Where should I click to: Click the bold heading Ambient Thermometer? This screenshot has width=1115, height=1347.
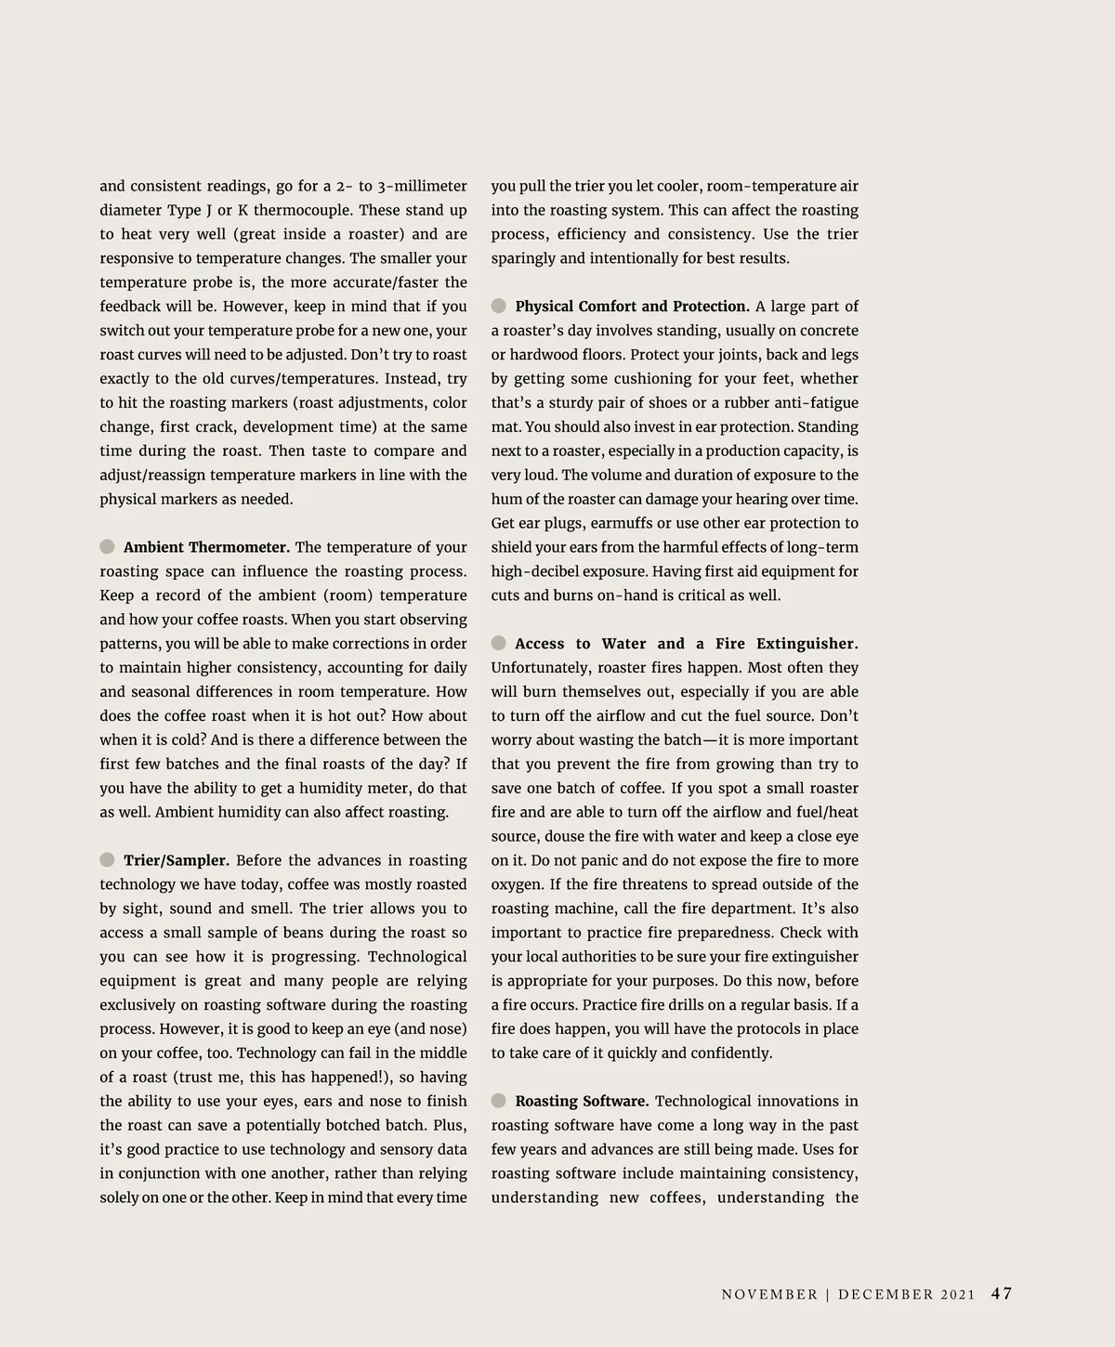[206, 547]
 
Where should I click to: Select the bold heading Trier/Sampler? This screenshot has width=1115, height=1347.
[176, 860]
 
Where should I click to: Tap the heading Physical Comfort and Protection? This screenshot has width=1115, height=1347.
[632, 307]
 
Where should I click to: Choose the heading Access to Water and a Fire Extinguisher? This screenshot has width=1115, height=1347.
[686, 644]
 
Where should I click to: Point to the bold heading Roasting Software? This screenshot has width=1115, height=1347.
[582, 1101]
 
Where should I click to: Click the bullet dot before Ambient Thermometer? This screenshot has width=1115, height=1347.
[108, 546]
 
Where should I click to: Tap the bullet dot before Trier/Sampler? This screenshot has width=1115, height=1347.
[108, 859]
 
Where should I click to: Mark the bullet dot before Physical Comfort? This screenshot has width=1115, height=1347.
[499, 306]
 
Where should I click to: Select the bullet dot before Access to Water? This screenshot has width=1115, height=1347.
[499, 643]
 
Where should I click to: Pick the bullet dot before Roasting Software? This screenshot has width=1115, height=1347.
[499, 1101]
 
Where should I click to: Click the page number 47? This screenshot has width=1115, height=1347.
[1002, 1293]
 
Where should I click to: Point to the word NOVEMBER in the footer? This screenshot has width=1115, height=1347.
[769, 1295]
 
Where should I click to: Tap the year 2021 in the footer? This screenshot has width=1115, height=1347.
[958, 1295]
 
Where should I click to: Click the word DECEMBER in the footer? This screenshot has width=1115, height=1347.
[885, 1295]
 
